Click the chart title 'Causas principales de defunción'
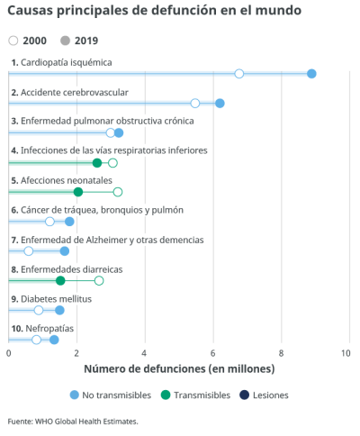[x=154, y=12]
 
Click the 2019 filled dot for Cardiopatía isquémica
[x=311, y=74]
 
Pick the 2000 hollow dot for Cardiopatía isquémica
[x=239, y=74]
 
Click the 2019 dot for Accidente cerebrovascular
[x=220, y=104]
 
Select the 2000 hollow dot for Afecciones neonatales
[x=118, y=192]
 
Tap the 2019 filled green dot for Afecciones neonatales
[x=78, y=192]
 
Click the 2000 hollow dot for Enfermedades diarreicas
[x=99, y=281]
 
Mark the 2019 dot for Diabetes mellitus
[x=59, y=311]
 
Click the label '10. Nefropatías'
[x=42, y=328]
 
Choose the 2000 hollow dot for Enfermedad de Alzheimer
[x=29, y=251]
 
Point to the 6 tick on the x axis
[x=213, y=353]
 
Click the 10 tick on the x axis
[x=347, y=353]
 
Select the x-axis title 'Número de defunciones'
[x=178, y=369]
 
